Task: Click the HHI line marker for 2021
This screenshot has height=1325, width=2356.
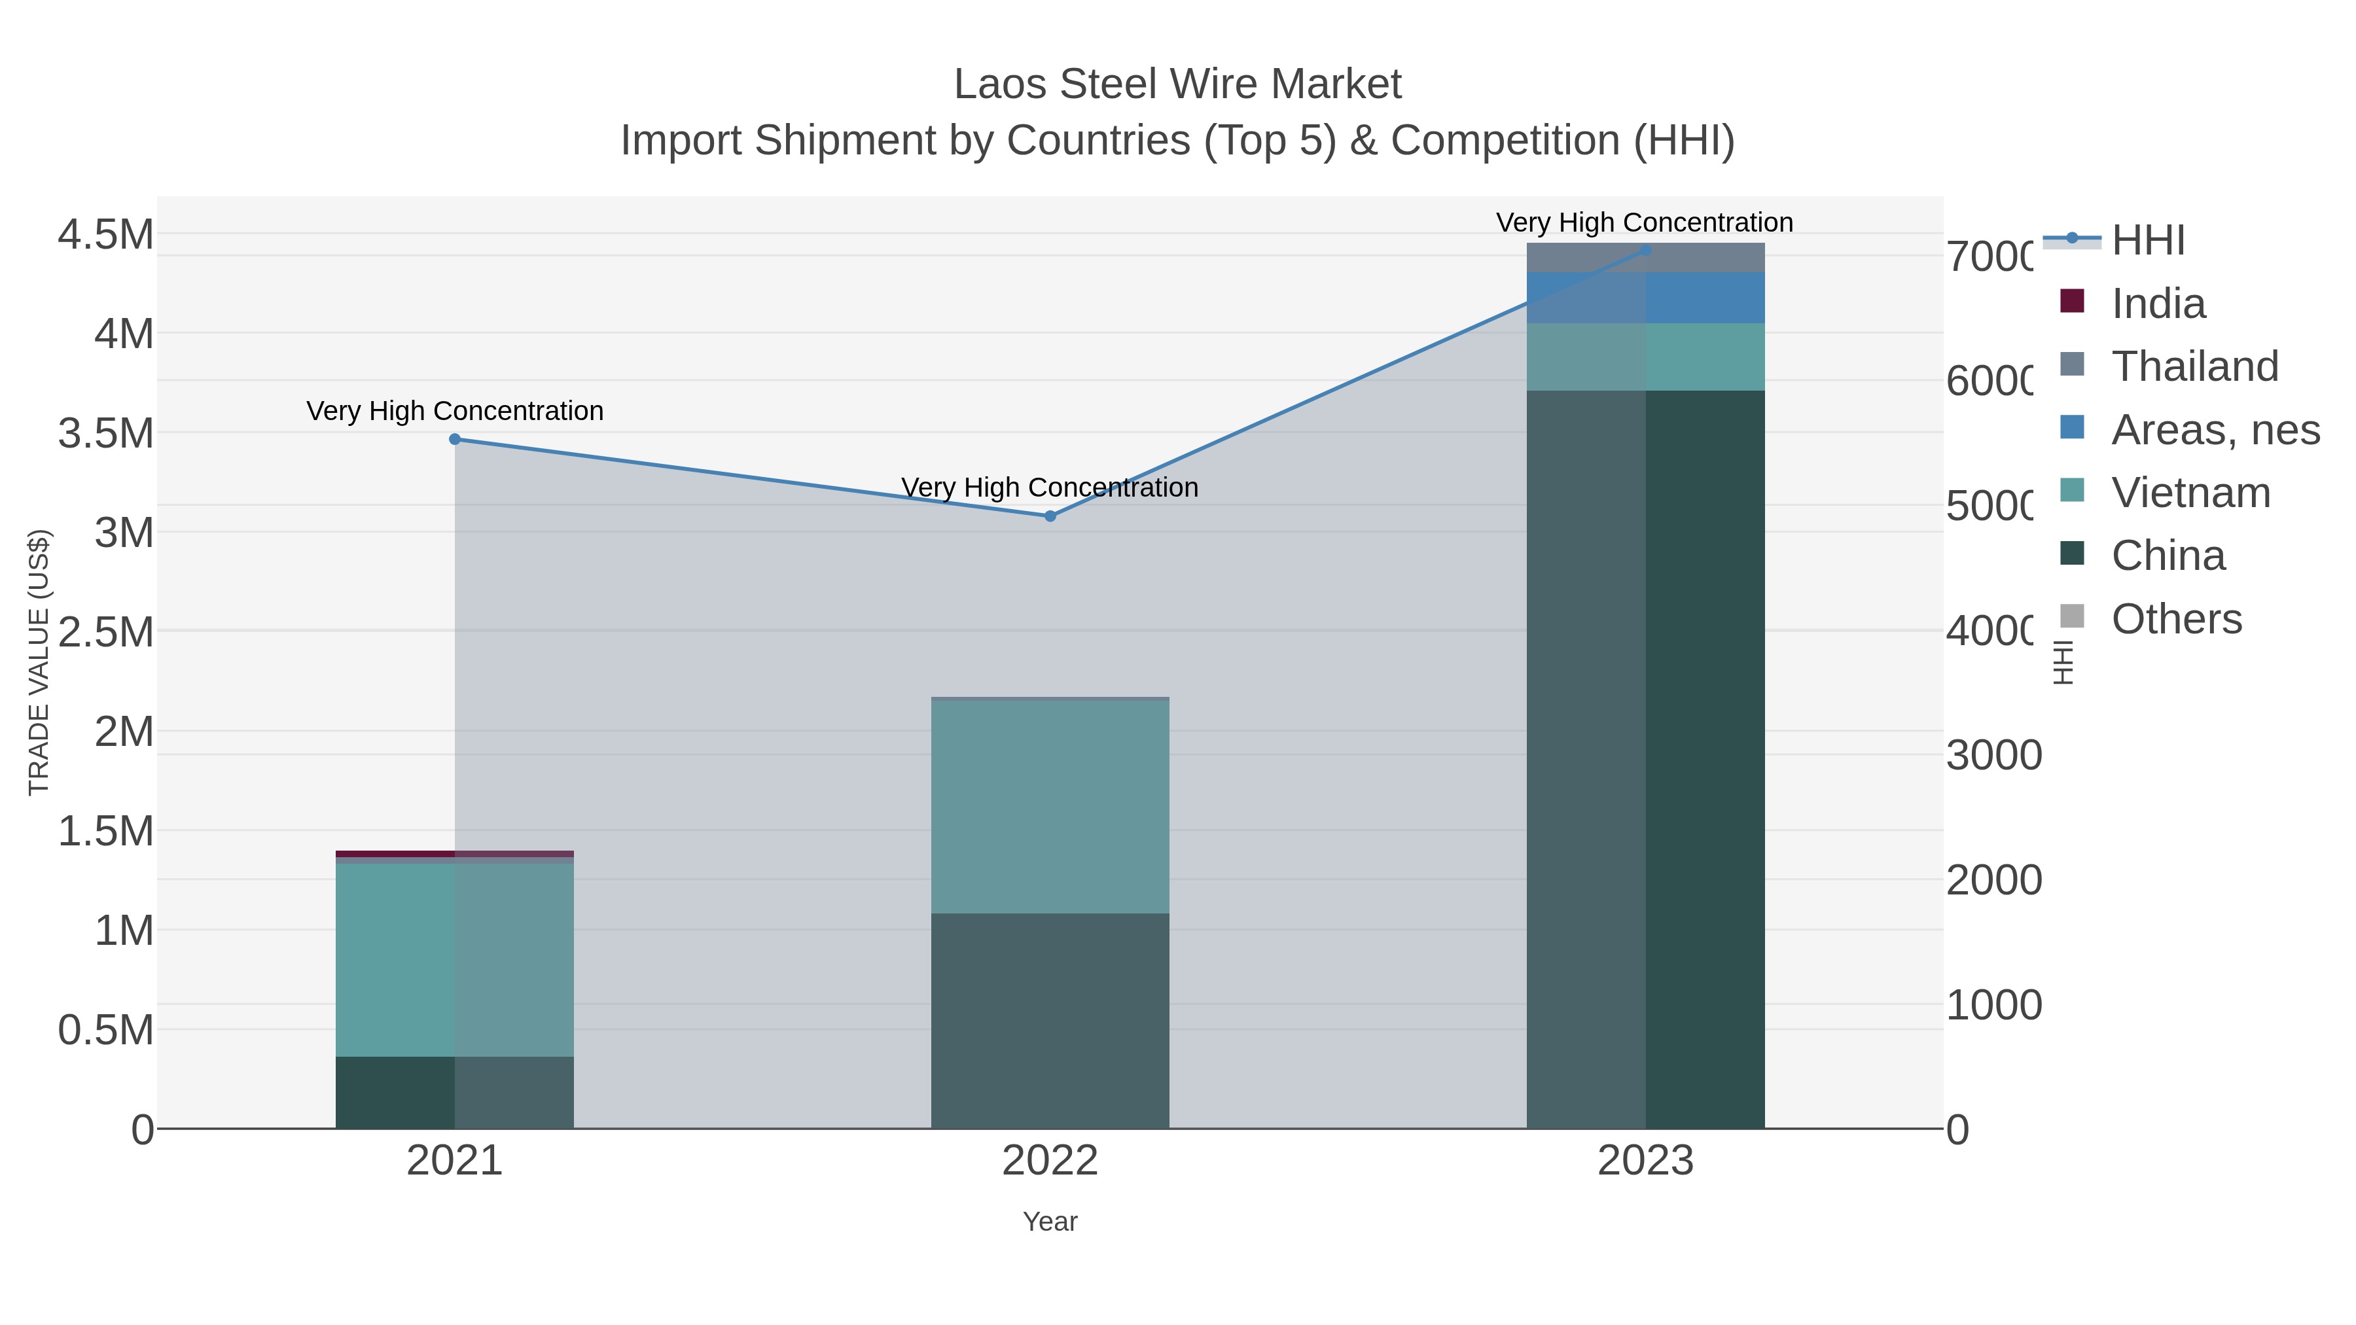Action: coord(455,439)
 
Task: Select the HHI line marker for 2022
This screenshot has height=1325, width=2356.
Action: coord(1050,516)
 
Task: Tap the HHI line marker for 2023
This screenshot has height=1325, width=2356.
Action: coord(1645,250)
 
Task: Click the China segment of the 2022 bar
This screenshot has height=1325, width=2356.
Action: coord(1050,1021)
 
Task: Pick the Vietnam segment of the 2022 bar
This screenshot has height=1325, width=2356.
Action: coord(1050,807)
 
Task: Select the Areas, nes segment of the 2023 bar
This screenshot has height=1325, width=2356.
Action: coord(1645,297)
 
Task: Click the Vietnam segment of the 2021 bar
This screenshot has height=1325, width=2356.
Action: coord(455,960)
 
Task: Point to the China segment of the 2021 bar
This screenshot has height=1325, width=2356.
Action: coord(455,1093)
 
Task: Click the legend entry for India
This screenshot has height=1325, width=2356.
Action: coord(2158,304)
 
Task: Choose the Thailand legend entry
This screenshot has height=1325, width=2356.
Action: coord(2194,366)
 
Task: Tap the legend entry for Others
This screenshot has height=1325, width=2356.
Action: coord(2176,619)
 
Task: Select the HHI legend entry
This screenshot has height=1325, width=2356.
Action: coord(2147,241)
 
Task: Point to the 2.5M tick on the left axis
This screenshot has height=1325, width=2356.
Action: coord(106,632)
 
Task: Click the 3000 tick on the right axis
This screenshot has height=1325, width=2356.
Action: coord(1994,755)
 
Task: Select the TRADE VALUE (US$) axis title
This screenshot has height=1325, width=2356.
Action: coord(39,662)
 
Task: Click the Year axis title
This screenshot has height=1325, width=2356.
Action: coord(1050,1222)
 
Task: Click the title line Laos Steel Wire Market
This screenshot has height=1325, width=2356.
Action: coord(1177,84)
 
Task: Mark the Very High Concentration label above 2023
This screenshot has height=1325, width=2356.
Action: coord(1645,223)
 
